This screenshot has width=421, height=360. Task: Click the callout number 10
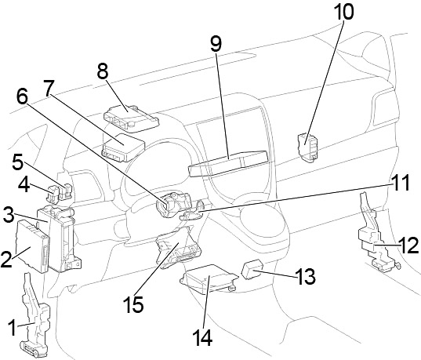(x=343, y=12)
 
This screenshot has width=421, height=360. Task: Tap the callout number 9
(x=216, y=44)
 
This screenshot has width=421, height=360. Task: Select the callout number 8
(x=102, y=71)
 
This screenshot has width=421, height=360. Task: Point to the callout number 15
(x=133, y=304)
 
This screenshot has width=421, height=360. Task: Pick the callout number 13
(x=305, y=276)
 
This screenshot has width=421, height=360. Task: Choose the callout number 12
(x=408, y=245)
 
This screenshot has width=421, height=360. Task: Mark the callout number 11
(x=400, y=183)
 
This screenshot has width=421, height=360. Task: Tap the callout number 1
(x=12, y=328)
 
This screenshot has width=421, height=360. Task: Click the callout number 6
(x=22, y=96)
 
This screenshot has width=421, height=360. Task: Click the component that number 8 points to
(x=131, y=118)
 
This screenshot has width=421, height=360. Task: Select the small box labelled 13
(x=252, y=268)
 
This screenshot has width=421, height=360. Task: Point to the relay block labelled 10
(x=307, y=147)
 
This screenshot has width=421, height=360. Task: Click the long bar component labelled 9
(x=228, y=163)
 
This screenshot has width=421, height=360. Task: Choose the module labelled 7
(x=123, y=147)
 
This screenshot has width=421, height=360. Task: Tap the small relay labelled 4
(x=53, y=193)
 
